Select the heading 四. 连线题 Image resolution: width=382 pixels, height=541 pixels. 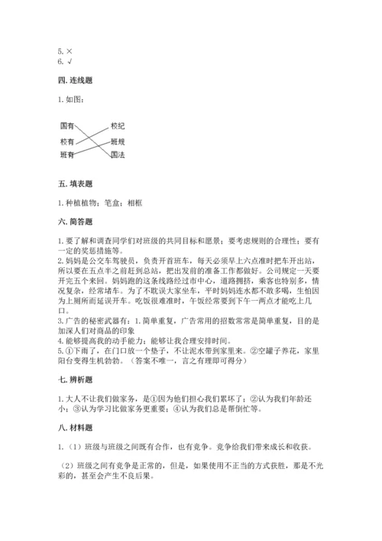[x=75, y=80]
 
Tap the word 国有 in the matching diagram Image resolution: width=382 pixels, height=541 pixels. [x=67, y=125]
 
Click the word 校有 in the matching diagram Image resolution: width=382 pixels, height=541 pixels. [x=68, y=142]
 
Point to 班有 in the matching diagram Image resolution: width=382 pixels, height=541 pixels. [x=67, y=155]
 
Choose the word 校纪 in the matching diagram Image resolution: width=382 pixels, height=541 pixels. [x=117, y=125]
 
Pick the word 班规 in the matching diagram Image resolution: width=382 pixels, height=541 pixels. [x=117, y=142]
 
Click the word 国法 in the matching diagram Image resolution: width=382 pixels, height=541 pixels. [x=117, y=155]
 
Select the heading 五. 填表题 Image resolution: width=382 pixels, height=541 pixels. [x=75, y=184]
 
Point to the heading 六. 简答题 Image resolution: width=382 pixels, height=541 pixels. [x=75, y=221]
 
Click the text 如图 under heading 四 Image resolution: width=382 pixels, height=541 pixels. [x=75, y=99]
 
